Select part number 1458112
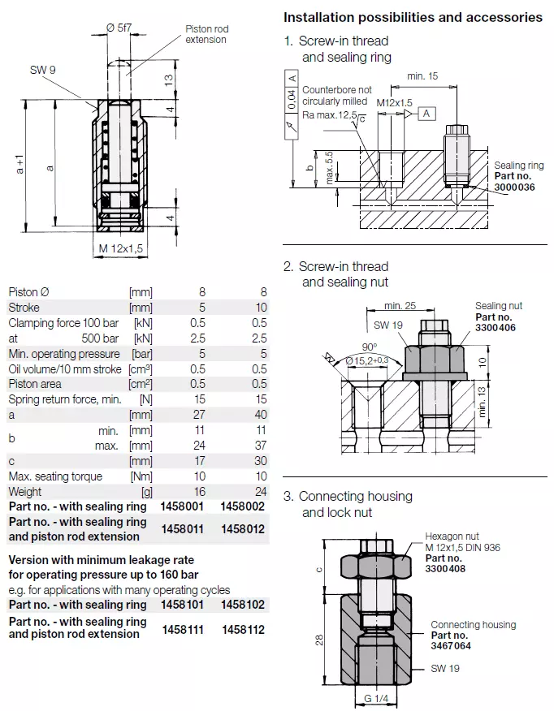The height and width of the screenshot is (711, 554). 243,628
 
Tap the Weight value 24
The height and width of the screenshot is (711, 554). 259,492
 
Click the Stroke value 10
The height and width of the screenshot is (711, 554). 259,308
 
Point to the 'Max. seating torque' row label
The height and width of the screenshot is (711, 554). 55,476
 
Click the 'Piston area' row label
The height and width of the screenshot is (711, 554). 35,384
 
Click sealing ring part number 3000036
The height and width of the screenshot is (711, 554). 515,187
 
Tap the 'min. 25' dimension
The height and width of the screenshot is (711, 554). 398,305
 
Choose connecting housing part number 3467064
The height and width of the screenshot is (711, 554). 451,646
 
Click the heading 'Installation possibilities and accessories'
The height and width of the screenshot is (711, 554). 413,17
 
